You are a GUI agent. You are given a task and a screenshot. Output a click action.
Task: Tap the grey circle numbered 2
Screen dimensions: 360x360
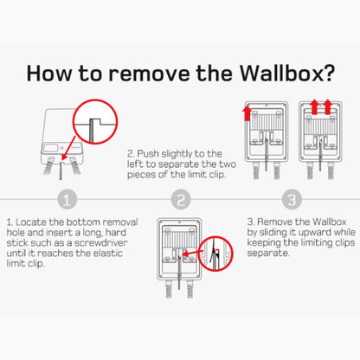click(180, 200)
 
